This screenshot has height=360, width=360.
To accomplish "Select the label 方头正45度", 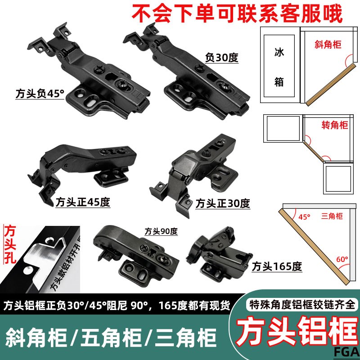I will (x=83, y=202).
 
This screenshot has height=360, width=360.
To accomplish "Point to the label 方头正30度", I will (x=222, y=203).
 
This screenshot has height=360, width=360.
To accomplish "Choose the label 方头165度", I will (x=277, y=266).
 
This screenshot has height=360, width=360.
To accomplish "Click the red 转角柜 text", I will (x=335, y=125).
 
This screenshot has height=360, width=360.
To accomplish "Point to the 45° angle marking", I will (x=304, y=217).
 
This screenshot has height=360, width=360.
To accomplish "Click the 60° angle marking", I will (x=342, y=259).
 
